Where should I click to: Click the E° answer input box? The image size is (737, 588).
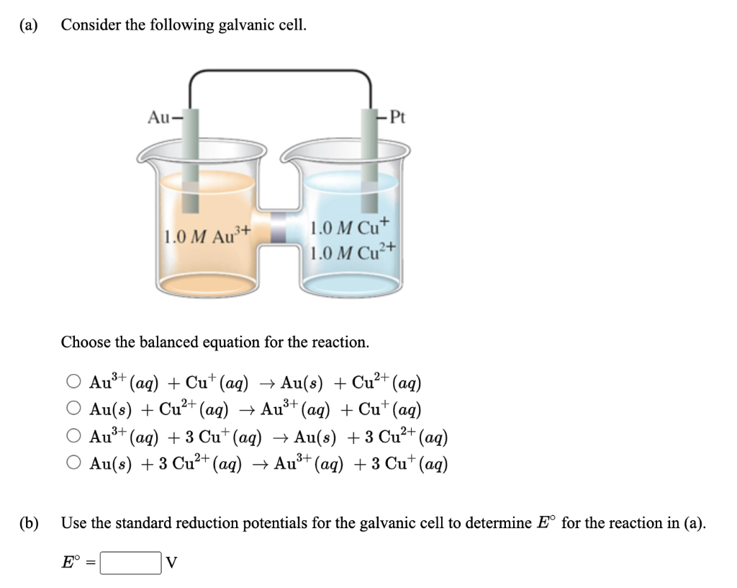coord(130,563)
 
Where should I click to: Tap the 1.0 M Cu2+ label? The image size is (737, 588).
coord(353,252)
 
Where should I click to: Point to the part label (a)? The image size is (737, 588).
coord(30,25)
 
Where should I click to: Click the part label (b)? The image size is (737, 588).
coord(30,522)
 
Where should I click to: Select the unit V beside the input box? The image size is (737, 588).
coord(171,563)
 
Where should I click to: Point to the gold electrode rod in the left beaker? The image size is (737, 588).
coord(190,159)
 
